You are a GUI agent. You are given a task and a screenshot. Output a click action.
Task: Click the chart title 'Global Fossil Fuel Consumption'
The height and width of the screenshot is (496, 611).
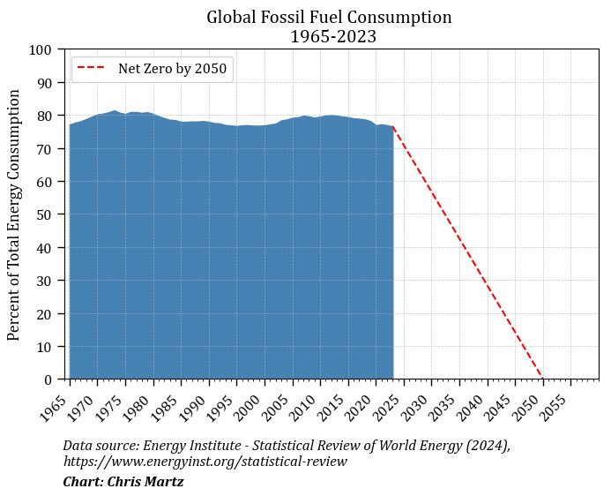329,18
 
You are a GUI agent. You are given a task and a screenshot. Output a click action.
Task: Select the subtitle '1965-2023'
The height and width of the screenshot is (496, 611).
333,37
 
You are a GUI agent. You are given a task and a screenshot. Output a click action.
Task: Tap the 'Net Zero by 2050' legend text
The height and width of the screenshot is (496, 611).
172,69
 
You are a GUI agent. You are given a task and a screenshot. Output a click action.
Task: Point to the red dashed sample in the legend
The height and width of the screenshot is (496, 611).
91,67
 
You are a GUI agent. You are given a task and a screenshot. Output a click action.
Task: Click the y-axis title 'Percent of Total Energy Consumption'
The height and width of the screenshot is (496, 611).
13,214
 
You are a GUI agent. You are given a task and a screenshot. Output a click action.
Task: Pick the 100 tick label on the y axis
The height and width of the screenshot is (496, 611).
41,50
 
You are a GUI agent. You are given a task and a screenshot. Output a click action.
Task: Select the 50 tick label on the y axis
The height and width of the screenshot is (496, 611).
44,214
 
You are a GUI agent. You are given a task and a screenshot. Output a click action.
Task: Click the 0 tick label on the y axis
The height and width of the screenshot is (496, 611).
48,380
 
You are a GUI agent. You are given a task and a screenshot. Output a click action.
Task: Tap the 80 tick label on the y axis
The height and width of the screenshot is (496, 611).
44,116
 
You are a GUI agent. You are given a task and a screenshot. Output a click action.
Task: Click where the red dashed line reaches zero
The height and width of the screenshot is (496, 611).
543,379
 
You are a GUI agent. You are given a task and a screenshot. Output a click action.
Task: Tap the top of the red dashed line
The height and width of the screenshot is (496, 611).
393,126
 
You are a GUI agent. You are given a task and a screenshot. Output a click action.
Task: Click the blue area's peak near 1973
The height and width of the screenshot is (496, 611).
114,110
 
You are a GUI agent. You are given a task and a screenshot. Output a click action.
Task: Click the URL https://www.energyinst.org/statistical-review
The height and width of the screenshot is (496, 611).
205,462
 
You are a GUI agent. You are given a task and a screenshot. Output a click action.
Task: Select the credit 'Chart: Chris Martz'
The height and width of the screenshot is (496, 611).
123,482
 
